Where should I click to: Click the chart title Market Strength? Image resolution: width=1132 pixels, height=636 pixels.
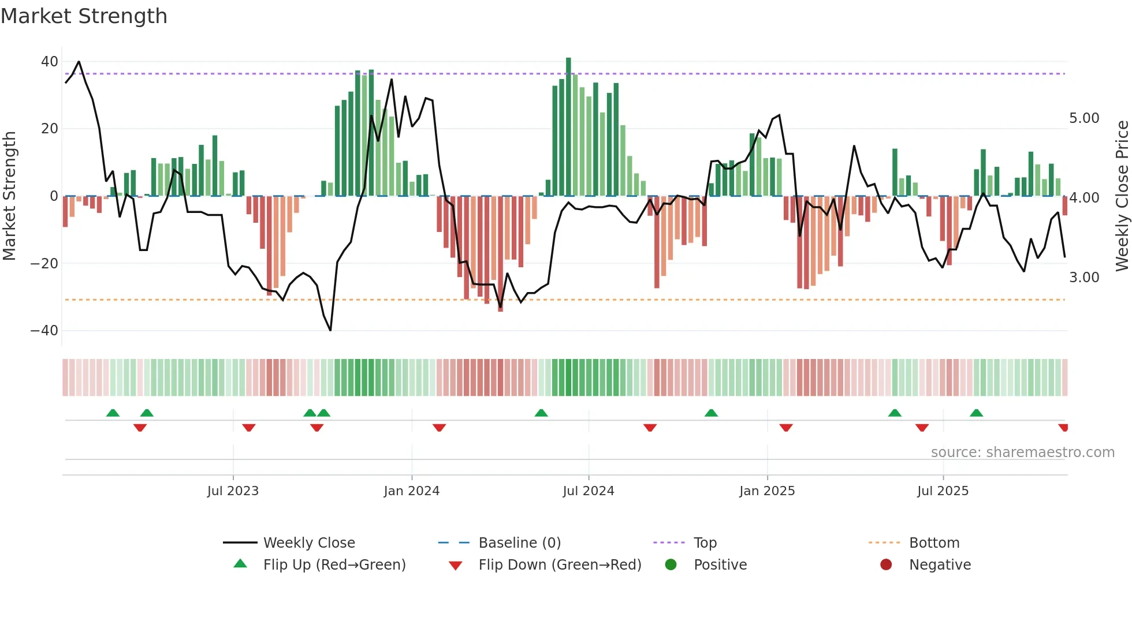click(x=84, y=16)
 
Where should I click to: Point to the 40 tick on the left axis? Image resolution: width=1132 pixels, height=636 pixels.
click(x=50, y=62)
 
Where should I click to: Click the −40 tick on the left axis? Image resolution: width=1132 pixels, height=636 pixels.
click(x=44, y=331)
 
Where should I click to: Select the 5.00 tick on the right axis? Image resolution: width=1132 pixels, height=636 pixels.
click(x=1084, y=118)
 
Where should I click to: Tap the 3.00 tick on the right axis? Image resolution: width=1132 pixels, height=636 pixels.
click(x=1084, y=278)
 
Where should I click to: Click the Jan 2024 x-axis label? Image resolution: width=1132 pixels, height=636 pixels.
click(x=411, y=491)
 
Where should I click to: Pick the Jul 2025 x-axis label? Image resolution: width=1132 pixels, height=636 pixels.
click(x=943, y=491)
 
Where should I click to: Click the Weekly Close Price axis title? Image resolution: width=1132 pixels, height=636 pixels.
click(x=1122, y=196)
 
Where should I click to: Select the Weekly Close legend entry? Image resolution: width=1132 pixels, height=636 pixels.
click(x=308, y=543)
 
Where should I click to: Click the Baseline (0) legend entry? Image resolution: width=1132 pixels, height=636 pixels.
click(x=519, y=543)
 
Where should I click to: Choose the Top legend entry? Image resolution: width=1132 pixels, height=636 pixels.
click(x=705, y=543)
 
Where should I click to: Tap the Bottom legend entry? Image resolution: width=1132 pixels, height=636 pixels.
click(x=934, y=543)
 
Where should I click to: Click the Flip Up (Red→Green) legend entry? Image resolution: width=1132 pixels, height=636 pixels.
click(x=334, y=565)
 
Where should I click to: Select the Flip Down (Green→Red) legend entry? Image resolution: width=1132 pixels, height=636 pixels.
click(x=560, y=565)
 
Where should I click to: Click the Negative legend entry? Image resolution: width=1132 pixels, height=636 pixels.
click(x=940, y=565)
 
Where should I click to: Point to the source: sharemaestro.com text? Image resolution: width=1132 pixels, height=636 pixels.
click(x=1022, y=452)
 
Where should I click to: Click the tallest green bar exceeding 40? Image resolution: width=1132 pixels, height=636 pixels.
click(x=568, y=127)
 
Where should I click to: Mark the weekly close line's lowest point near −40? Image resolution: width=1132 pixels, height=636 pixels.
click(x=330, y=330)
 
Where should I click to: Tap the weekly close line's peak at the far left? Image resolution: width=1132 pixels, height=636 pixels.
click(x=79, y=62)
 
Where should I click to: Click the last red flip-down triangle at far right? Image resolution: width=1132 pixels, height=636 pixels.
click(x=1063, y=428)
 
